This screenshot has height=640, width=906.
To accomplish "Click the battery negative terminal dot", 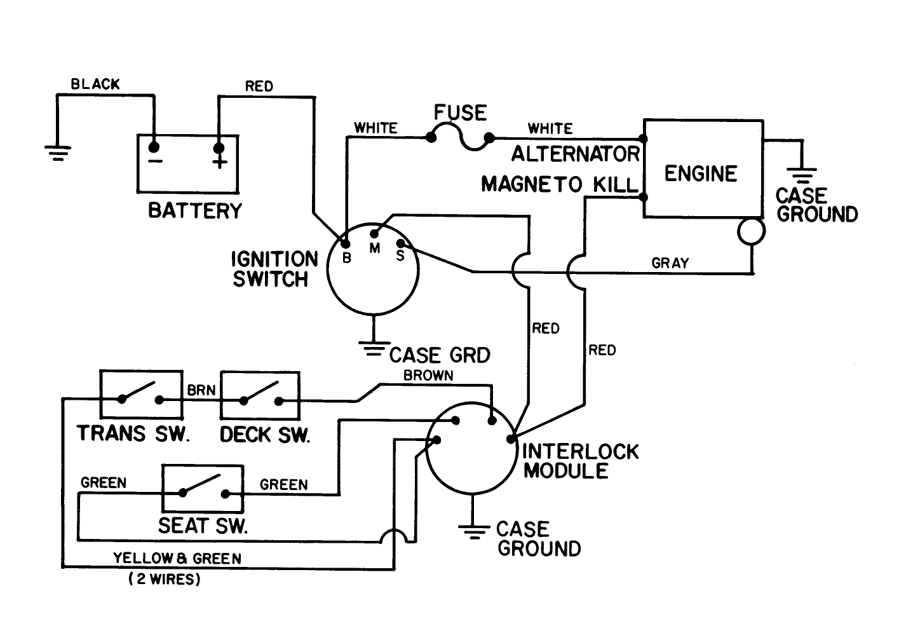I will [x=154, y=147].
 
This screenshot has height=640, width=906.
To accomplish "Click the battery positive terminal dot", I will [x=219, y=148].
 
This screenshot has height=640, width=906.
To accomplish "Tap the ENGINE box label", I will [x=700, y=174].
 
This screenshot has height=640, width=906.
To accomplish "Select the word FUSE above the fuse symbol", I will [x=460, y=113].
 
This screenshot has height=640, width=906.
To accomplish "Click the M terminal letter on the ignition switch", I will [x=375, y=249].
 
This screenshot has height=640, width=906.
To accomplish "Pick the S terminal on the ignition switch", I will [x=400, y=243].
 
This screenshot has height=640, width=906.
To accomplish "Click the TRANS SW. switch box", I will [x=141, y=395].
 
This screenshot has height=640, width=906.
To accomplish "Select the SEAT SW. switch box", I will [x=203, y=489].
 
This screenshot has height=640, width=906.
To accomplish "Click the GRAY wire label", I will [x=670, y=263].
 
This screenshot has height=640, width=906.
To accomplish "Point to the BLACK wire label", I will [x=95, y=85].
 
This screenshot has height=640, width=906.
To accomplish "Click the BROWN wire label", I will [x=428, y=376].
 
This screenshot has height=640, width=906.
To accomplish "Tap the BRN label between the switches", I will [x=201, y=390].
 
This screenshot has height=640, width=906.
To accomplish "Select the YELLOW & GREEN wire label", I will [x=177, y=559].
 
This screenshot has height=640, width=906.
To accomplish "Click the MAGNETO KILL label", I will [x=559, y=184].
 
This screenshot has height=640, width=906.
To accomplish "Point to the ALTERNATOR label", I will [x=576, y=154].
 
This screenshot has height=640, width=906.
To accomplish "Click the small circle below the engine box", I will [x=751, y=231].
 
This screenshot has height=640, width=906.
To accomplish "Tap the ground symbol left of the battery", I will [x=58, y=152].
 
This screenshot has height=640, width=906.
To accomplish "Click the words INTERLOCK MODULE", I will [x=579, y=461].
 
